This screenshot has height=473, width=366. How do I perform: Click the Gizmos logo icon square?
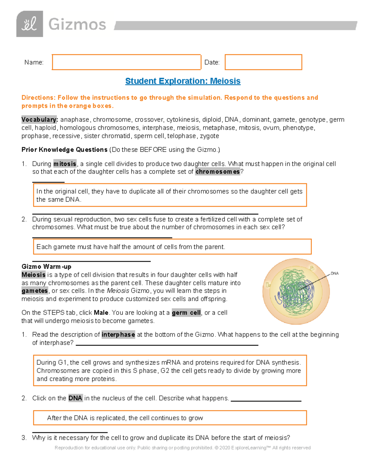tap(30, 24)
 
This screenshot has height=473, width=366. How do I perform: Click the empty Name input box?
tap(126, 62)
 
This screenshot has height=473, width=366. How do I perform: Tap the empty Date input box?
tap(263, 62)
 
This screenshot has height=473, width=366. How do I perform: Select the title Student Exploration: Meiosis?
tap(183, 81)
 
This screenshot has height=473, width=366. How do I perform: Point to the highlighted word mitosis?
tap(65, 164)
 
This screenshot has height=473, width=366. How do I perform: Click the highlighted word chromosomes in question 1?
tap(217, 172)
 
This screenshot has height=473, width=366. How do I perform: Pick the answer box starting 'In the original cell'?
tap(170, 195)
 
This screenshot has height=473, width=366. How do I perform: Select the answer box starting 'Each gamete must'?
tap(172, 247)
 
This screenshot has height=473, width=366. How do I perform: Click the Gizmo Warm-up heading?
tap(46, 267)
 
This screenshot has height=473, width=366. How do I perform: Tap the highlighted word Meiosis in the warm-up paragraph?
tap(34, 275)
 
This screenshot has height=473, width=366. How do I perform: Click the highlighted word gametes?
tap(35, 291)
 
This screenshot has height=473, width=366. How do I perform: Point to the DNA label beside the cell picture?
tap(335, 274)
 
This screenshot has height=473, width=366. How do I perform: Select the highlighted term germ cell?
tap(186, 313)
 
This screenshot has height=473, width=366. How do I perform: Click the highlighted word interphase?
tap(118, 335)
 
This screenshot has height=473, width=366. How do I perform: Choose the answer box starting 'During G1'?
tap(170, 371)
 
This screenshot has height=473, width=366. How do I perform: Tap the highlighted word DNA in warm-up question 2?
tap(75, 398)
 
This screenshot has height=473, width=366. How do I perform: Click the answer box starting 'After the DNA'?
tap(170, 418)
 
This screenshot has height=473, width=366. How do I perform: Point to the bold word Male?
tap(101, 313)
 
